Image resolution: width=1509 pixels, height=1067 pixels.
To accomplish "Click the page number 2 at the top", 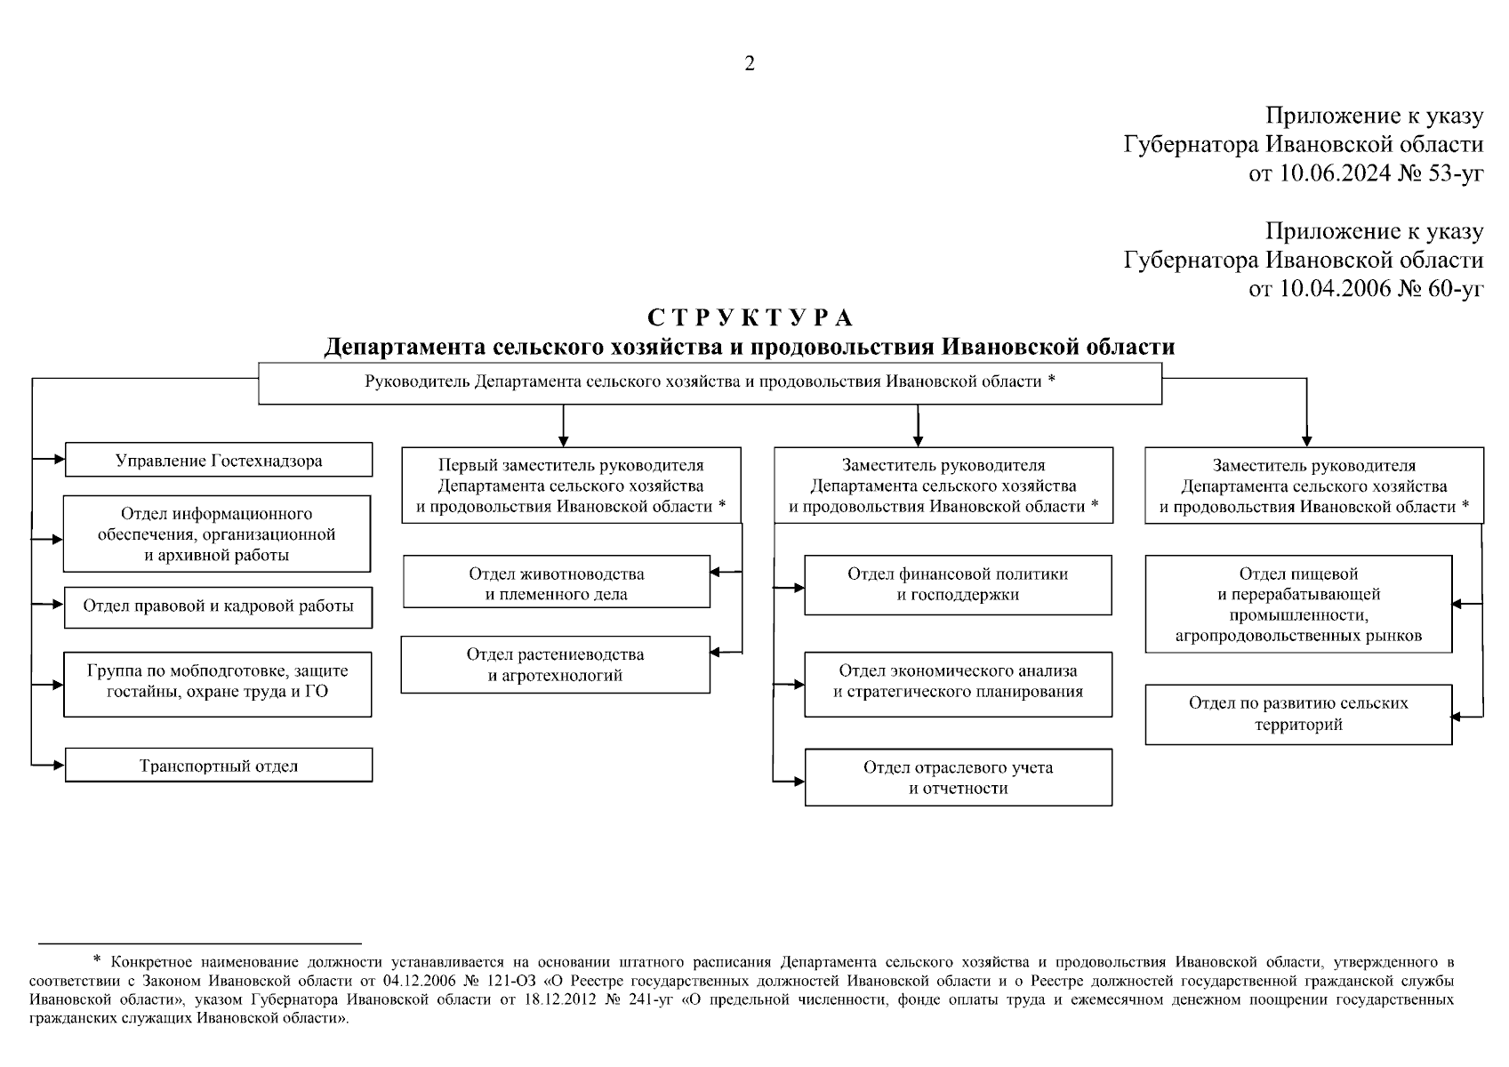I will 749,63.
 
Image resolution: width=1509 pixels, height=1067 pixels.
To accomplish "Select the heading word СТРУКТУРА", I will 750,318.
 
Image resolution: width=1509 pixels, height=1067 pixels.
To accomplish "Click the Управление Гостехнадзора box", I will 219,461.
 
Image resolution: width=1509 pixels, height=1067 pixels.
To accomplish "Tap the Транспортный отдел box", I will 219,766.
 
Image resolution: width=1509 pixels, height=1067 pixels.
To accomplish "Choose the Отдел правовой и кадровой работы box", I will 219,606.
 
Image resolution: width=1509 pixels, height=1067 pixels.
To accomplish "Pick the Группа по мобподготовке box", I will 218,682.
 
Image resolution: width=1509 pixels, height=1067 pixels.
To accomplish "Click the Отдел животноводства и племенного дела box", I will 557,584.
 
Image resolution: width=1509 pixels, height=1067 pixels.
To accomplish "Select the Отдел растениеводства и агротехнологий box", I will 556,665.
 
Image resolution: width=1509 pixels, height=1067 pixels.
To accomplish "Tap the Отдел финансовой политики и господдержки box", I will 958,584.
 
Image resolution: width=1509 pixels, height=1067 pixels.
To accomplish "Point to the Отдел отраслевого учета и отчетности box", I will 958,778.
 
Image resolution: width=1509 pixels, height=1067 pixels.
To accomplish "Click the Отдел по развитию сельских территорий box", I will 1298,714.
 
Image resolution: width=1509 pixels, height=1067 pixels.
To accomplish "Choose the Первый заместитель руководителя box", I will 571,485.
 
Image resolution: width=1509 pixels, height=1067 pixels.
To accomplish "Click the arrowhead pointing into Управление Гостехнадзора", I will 60,460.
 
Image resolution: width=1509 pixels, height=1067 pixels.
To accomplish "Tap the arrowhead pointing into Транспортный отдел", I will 60,764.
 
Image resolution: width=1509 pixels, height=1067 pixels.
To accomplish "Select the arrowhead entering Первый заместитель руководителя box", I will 563,440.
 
